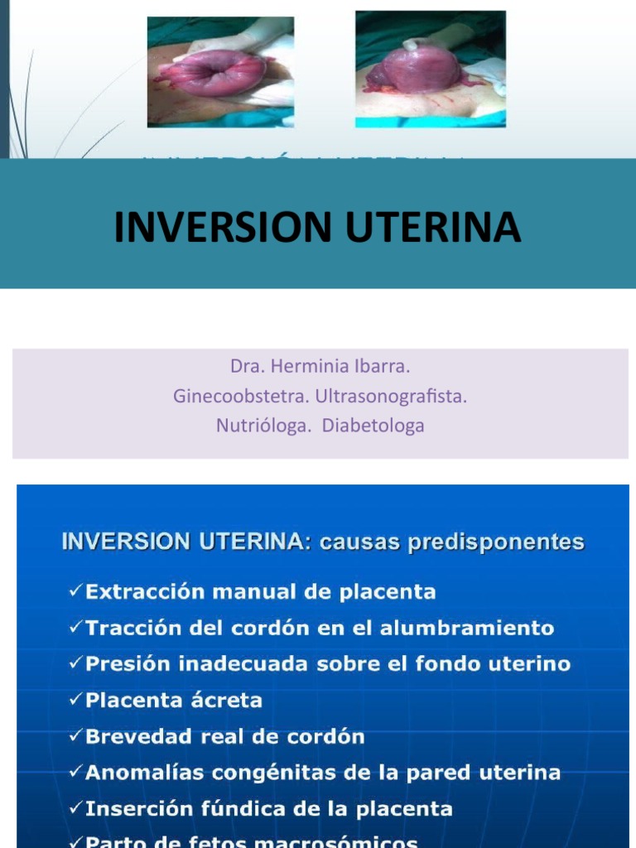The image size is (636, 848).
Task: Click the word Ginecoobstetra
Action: (x=238, y=397)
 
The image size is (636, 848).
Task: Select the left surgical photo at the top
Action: (x=219, y=72)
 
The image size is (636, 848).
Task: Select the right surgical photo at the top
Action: (x=430, y=69)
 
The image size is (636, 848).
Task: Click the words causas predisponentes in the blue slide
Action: (x=451, y=543)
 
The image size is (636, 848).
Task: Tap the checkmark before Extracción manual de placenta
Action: (x=75, y=592)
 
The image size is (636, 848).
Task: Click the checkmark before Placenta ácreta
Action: (x=75, y=701)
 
